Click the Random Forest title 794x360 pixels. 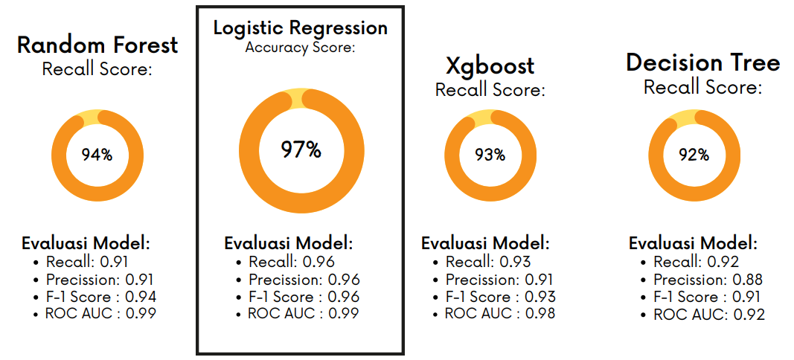tap(97, 45)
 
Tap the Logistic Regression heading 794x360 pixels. tap(300, 28)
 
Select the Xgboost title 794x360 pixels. tap(490, 65)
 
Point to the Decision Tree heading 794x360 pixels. tap(702, 62)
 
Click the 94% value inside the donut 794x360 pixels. tap(97, 155)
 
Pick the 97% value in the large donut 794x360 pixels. tap(301, 150)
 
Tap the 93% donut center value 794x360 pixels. tap(490, 155)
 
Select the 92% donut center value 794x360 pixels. tap(694, 155)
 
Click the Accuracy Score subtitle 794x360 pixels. tap(300, 48)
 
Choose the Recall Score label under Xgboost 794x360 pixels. tap(490, 90)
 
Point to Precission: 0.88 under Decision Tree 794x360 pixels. tap(708, 280)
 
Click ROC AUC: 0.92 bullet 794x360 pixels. tap(708, 315)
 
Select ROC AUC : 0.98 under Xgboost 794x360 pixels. tap(500, 313)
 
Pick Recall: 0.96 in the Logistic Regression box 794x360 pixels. tap(291, 262)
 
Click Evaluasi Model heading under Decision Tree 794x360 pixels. tap(693, 243)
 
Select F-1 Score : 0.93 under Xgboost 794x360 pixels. tap(500, 296)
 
